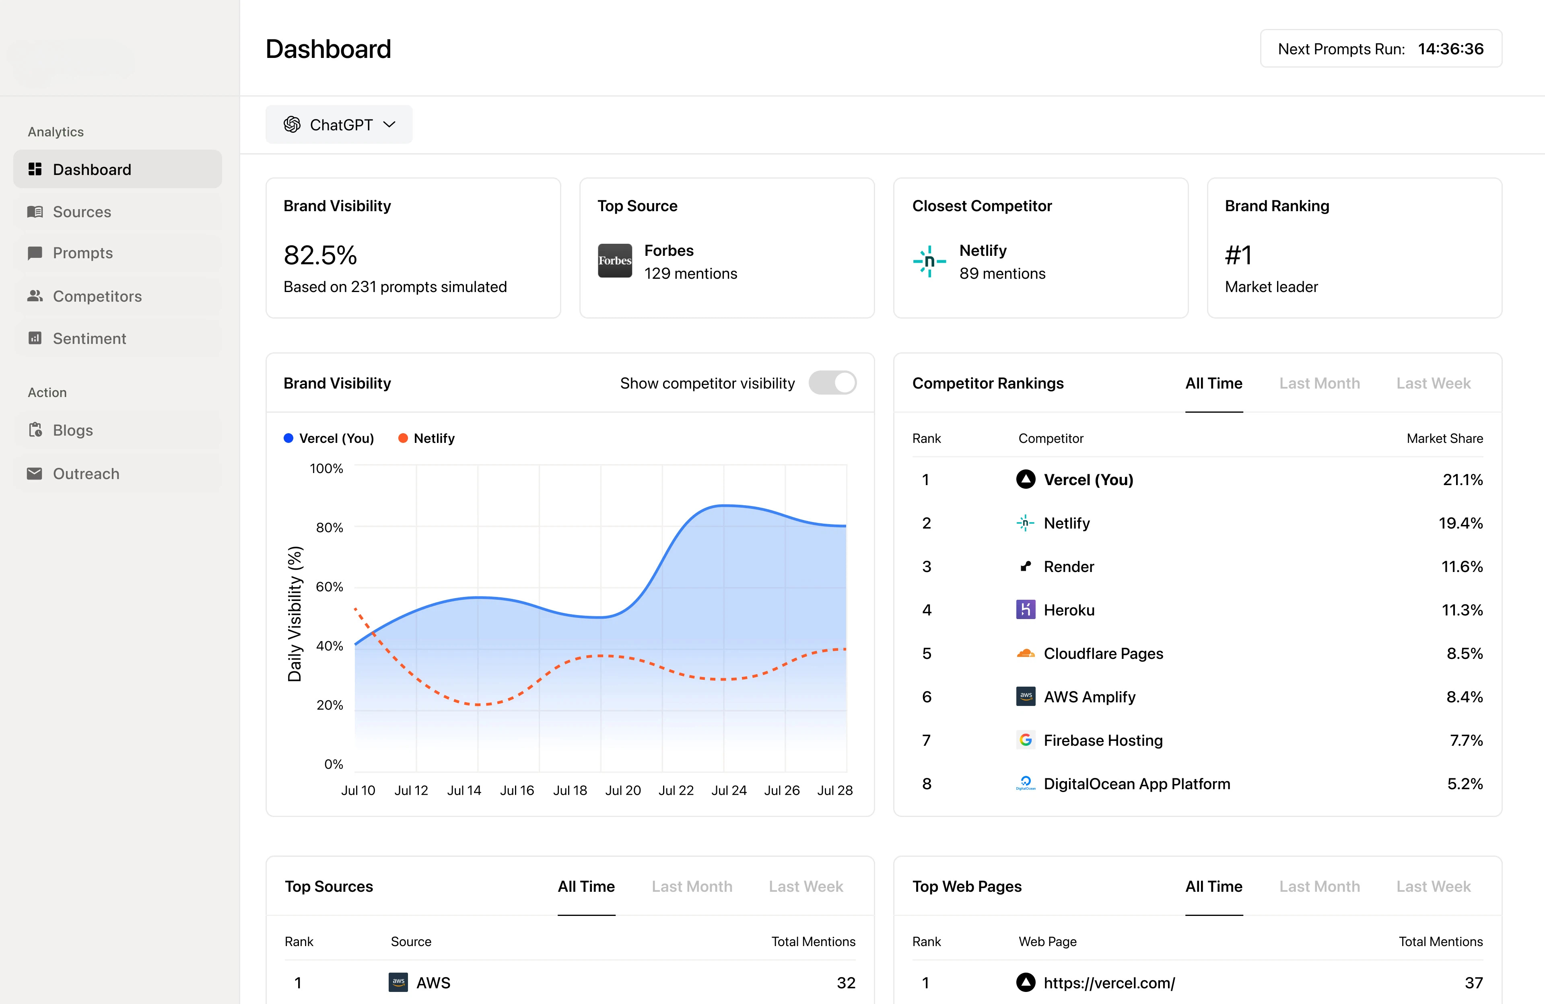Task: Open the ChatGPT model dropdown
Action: pos(339,125)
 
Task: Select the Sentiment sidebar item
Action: pos(89,338)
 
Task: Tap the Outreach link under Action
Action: pos(86,474)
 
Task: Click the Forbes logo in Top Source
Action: pos(614,261)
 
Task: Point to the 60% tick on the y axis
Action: pos(329,587)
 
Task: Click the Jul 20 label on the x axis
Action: pos(622,790)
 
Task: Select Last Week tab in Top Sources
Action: pos(805,887)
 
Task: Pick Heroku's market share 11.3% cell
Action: pos(1462,610)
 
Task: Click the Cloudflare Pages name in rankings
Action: pos(1103,654)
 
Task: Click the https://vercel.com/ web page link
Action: pos(1109,983)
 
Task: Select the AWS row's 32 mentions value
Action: pos(845,983)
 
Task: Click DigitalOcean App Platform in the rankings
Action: pos(1137,784)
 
